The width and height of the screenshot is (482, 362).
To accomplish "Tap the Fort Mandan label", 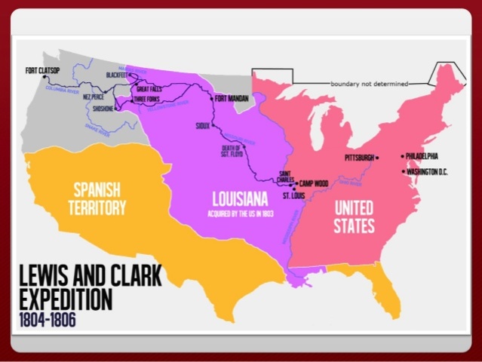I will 231,98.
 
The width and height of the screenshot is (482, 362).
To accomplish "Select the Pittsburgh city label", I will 359,158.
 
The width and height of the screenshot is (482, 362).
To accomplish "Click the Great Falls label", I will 149,89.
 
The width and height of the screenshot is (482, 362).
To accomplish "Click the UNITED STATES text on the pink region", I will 354,214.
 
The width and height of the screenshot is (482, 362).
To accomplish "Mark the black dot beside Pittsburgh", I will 377,158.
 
